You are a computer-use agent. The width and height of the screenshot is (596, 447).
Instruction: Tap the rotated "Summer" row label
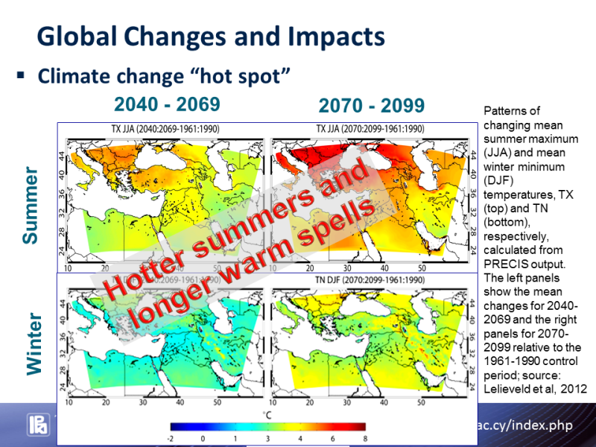tap(30, 205)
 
